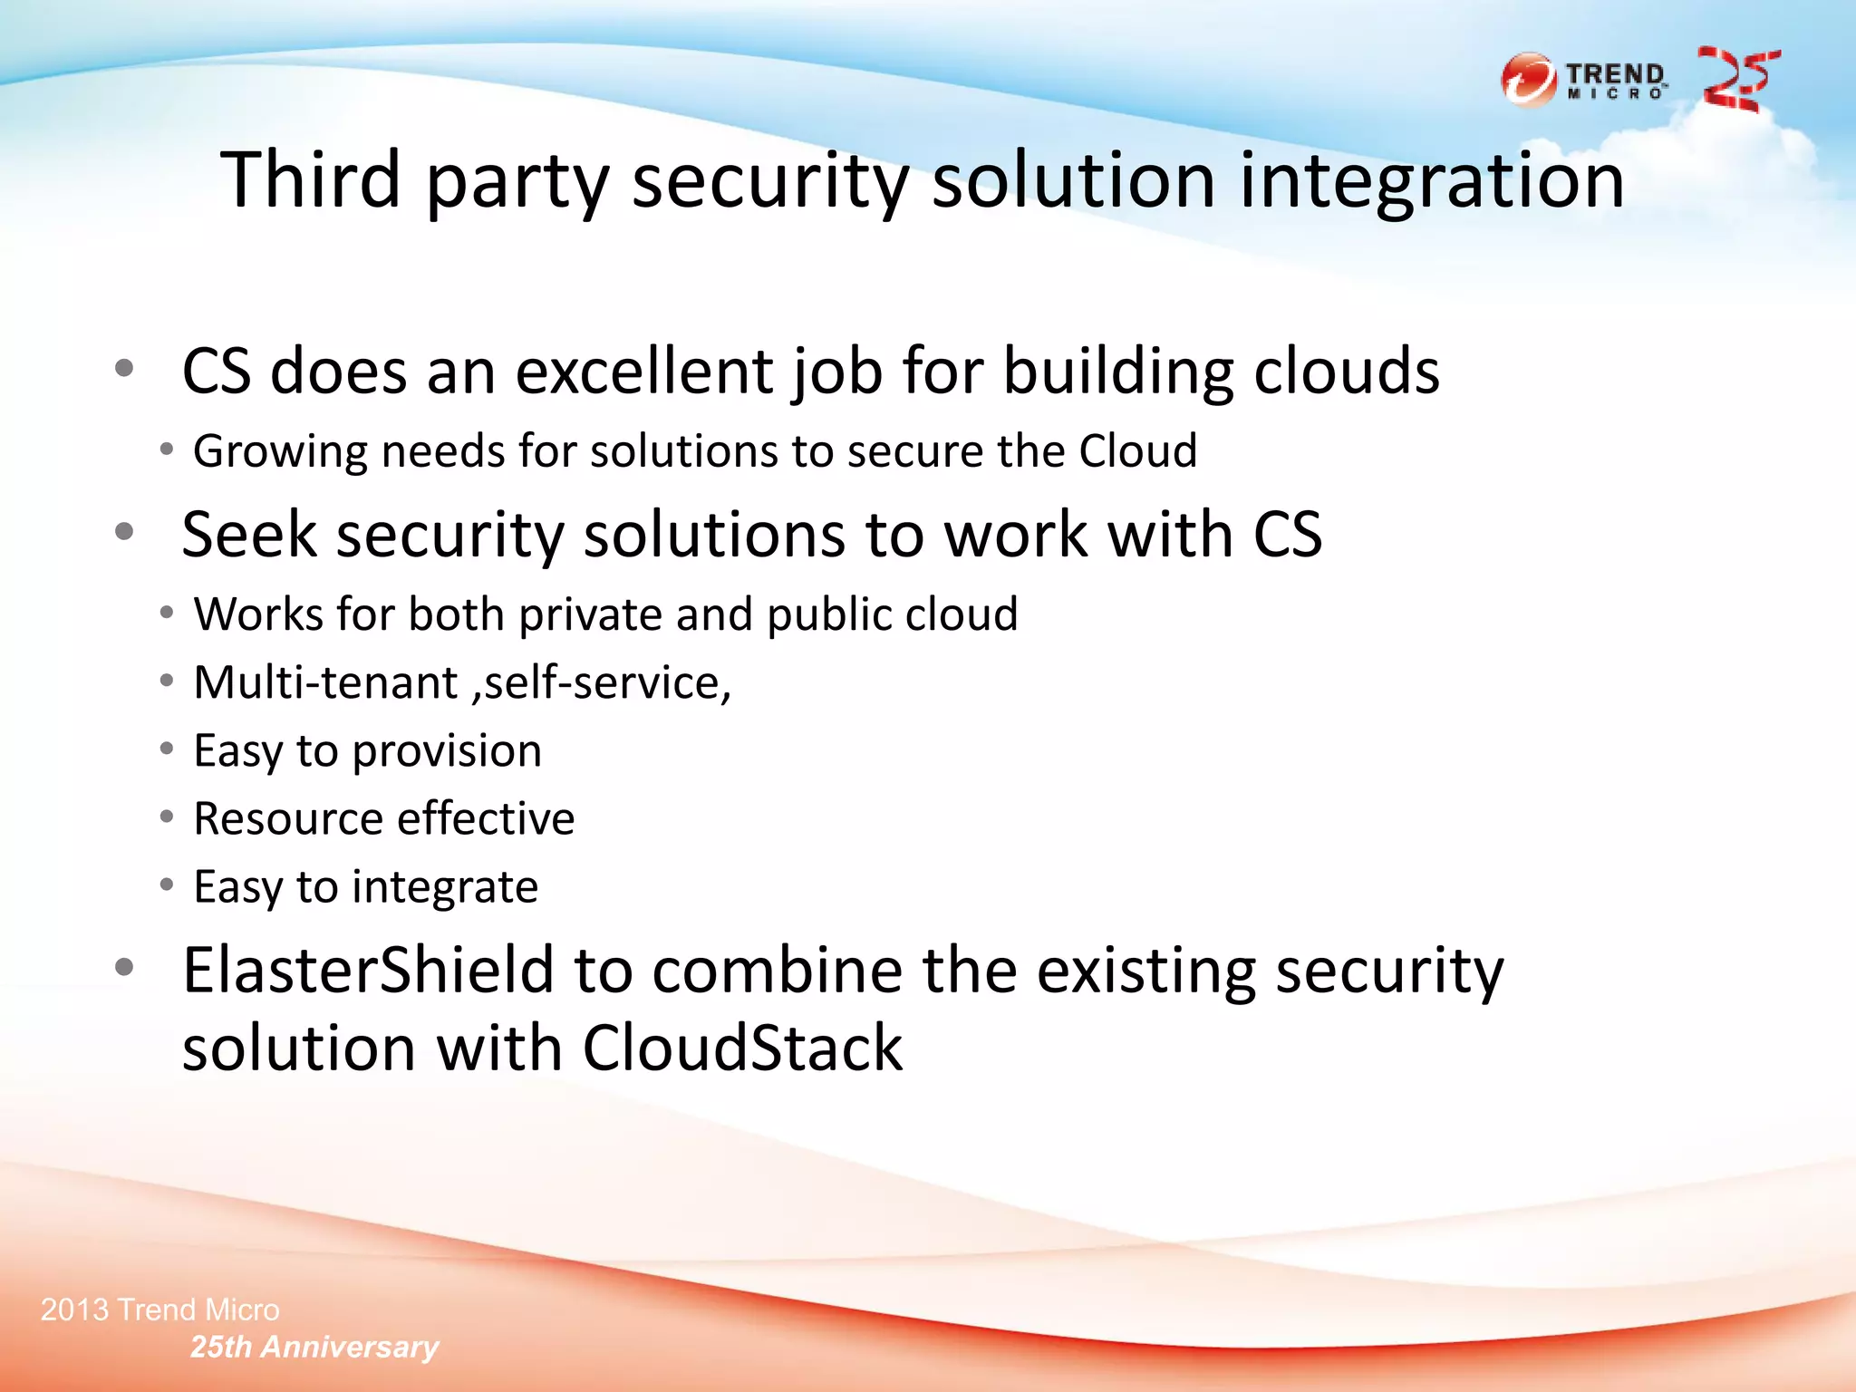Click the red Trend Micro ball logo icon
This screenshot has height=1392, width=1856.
1528,80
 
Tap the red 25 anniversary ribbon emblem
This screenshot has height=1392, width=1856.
1738,80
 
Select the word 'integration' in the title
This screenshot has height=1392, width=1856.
1431,181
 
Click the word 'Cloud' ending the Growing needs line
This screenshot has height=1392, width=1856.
1137,450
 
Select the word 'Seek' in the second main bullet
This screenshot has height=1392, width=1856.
248,534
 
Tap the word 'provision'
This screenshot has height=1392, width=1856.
447,751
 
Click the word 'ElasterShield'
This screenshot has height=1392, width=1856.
368,970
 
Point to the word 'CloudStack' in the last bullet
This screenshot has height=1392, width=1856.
742,1048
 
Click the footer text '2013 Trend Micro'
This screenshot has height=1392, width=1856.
160,1310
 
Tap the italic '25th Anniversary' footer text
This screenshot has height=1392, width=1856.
314,1347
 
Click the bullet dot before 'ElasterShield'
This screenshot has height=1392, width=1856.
125,967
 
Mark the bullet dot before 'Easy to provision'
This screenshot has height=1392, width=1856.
166,749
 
